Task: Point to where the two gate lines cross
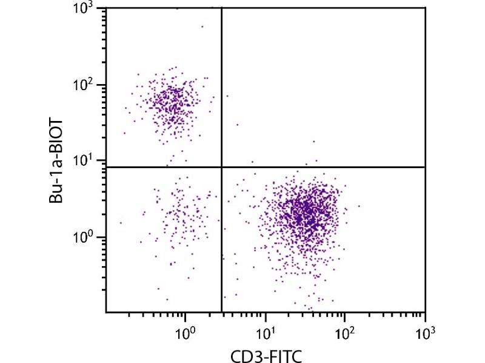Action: click(221, 166)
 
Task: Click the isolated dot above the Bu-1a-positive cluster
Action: click(202, 26)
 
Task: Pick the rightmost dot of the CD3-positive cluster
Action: click(359, 206)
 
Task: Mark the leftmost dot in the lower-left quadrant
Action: click(121, 223)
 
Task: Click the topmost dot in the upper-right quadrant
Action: click(227, 96)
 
